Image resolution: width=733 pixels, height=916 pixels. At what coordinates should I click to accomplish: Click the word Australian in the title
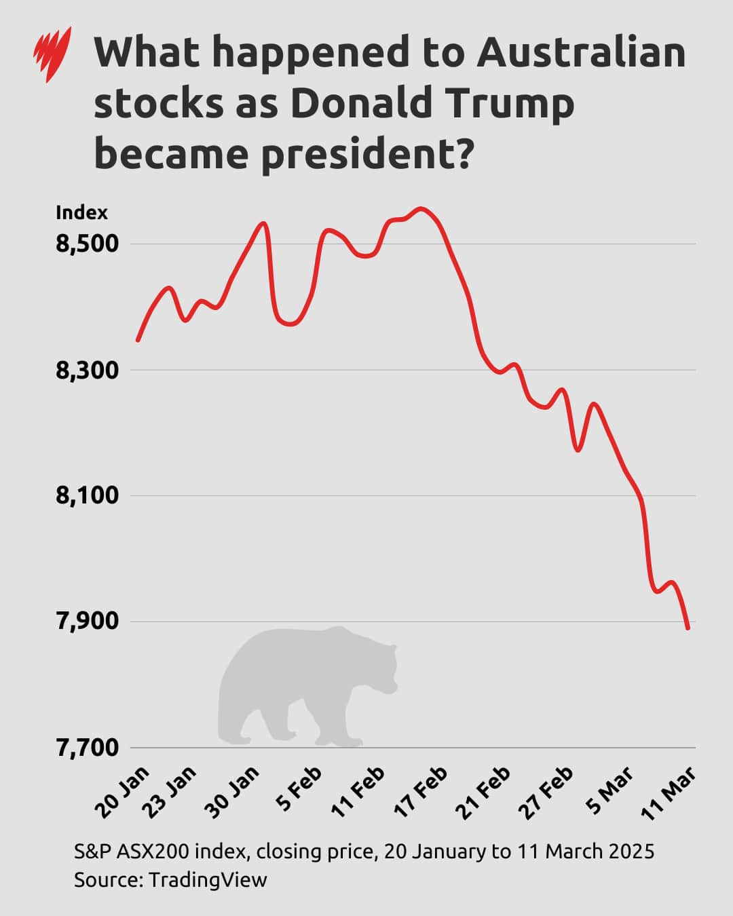(581, 53)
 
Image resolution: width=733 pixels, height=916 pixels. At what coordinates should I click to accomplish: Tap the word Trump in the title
(509, 103)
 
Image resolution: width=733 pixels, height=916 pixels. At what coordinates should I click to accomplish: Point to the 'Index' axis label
(81, 213)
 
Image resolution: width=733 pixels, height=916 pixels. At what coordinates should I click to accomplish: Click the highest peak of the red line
(421, 208)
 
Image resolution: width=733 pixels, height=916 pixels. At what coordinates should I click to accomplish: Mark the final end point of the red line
(688, 628)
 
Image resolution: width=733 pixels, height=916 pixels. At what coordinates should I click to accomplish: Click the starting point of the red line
(138, 340)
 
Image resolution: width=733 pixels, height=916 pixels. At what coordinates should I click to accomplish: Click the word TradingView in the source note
(208, 880)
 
